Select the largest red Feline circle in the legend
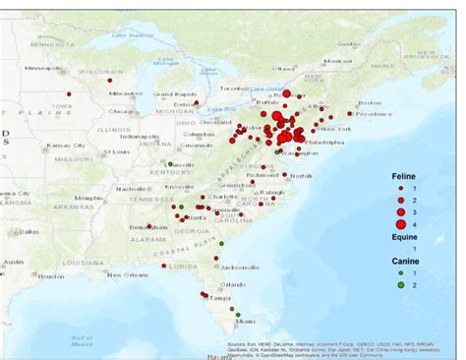[401, 224]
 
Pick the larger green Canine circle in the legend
[401, 286]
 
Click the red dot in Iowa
[69, 94]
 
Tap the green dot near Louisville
[170, 164]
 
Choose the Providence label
[372, 114]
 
